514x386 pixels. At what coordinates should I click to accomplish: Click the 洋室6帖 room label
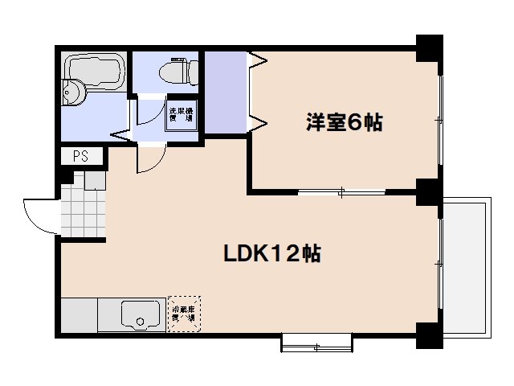[x=343, y=124]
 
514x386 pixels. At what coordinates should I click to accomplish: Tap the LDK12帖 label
[x=272, y=254]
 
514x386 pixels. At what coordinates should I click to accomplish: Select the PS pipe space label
[x=80, y=157]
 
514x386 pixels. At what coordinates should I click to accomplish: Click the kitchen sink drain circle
[x=141, y=322]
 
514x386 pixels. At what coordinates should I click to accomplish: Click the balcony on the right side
[x=465, y=265]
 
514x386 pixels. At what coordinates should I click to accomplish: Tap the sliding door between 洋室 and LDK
[x=341, y=191]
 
